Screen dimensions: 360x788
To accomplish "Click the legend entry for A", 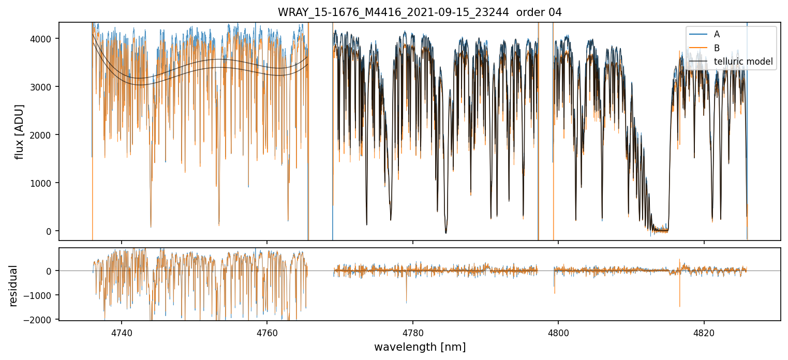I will [x=717, y=34].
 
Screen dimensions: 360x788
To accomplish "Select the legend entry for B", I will [x=717, y=48].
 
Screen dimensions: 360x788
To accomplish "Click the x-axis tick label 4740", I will [x=122, y=332].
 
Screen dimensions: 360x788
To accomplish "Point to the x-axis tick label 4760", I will [x=267, y=332].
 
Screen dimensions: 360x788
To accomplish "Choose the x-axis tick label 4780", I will [x=413, y=332].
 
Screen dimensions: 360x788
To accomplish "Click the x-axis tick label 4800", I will [x=558, y=332].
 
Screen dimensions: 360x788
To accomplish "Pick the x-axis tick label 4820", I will [x=704, y=332].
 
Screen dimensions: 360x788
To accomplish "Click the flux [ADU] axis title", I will [x=20, y=131].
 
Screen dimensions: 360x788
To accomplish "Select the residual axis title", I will [x=13, y=286].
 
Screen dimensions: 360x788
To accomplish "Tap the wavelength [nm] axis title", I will [x=420, y=347].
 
